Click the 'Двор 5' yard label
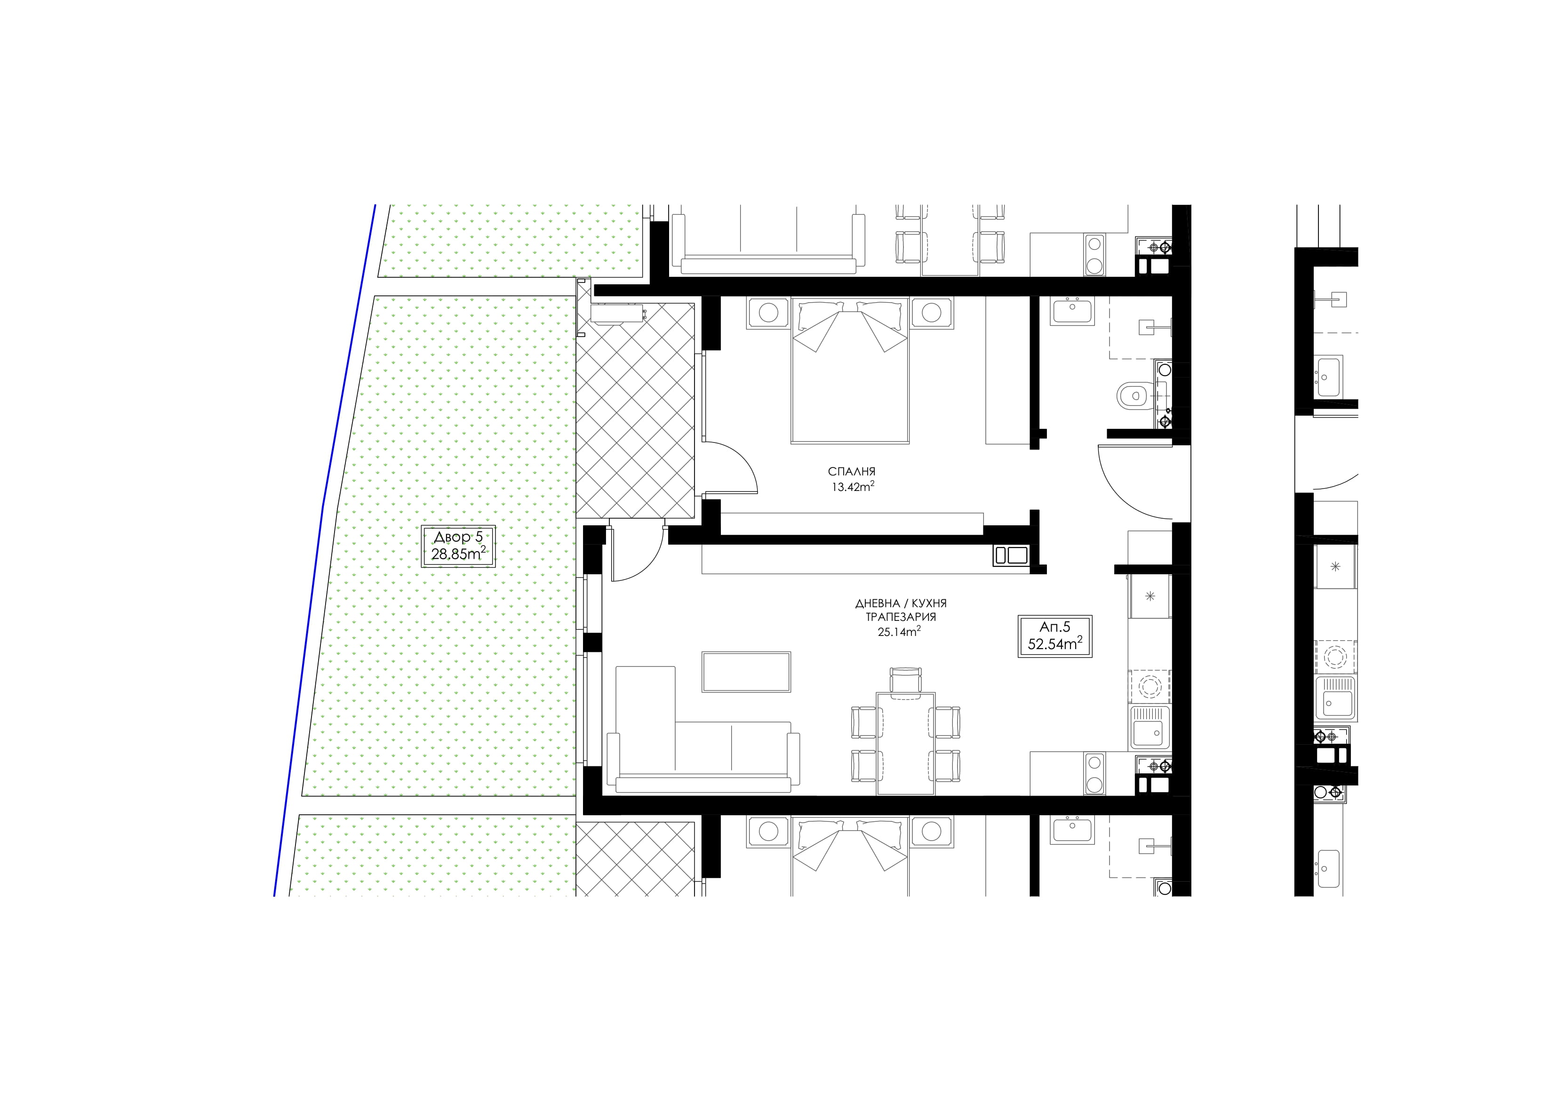click(458, 537)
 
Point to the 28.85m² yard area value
click(458, 554)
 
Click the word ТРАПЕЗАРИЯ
click(901, 617)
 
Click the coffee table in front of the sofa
click(746, 672)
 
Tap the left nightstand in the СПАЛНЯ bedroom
click(768, 313)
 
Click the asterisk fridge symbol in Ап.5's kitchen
click(1150, 596)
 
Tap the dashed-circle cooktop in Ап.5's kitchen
click(1150, 686)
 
